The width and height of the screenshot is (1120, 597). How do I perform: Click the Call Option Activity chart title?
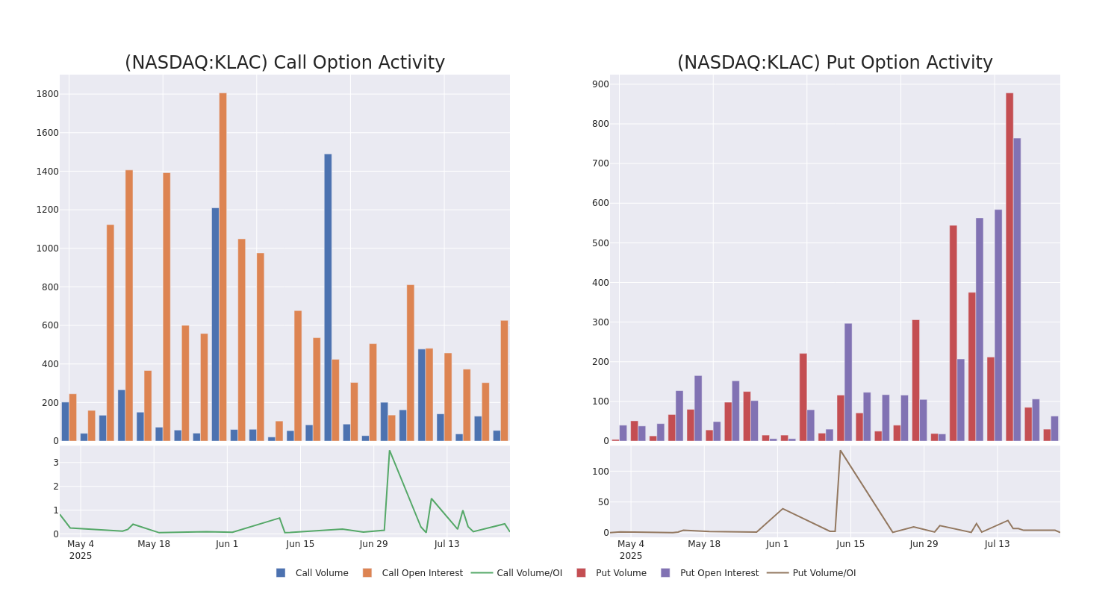pyautogui.click(x=284, y=63)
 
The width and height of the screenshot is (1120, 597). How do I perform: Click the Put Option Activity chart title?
pyautogui.click(x=835, y=63)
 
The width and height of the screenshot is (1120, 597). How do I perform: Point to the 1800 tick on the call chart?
pyautogui.click(x=47, y=94)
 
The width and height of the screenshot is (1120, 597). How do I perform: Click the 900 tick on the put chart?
pyautogui.click(x=600, y=84)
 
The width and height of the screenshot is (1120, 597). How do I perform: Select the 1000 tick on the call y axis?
pyautogui.click(x=47, y=249)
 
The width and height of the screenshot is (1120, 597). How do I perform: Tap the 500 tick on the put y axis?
pyautogui.click(x=600, y=243)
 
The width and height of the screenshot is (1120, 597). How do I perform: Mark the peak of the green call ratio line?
pyautogui.click(x=389, y=450)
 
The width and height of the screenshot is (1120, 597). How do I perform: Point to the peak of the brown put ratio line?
pyautogui.click(x=840, y=450)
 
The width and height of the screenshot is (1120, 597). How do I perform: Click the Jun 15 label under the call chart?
pyautogui.click(x=300, y=544)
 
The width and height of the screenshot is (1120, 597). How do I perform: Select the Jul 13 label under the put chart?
pyautogui.click(x=997, y=544)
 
